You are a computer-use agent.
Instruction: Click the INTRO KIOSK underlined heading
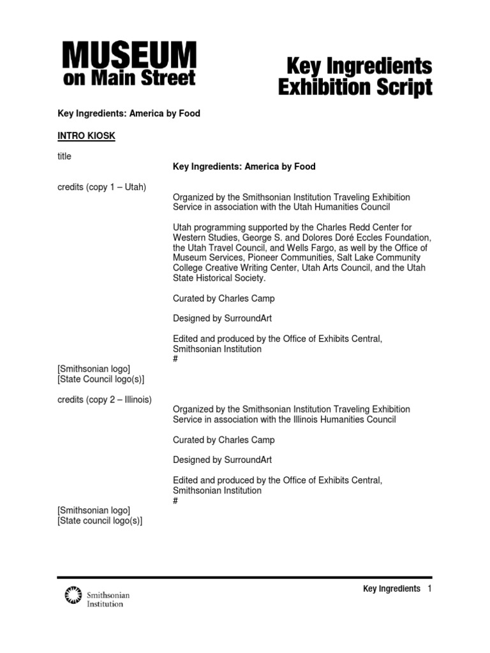pyautogui.click(x=86, y=136)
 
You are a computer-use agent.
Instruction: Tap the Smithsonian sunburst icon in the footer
pyautogui.click(x=74, y=596)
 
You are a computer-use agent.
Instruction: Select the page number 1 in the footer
pyautogui.click(x=430, y=589)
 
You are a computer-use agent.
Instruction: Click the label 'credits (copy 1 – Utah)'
pyautogui.click(x=102, y=187)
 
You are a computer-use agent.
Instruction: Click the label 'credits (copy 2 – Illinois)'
pyautogui.click(x=105, y=399)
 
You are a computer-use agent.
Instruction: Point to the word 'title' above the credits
pyautogui.click(x=64, y=156)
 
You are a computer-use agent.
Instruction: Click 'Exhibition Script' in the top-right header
pyautogui.click(x=355, y=87)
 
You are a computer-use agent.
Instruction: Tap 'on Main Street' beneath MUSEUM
pyautogui.click(x=129, y=78)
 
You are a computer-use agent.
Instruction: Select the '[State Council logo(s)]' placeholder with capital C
pyautogui.click(x=101, y=379)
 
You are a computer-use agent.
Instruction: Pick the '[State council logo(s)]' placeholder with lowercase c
pyautogui.click(x=100, y=521)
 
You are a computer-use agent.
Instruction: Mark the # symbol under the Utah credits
pyautogui.click(x=175, y=359)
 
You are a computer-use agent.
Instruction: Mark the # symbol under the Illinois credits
pyautogui.click(x=175, y=501)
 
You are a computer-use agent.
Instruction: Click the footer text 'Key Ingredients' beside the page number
pyautogui.click(x=391, y=589)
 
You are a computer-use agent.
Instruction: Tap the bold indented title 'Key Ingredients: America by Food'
pyautogui.click(x=244, y=166)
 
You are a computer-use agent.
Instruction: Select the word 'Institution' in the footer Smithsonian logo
pyautogui.click(x=105, y=603)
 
